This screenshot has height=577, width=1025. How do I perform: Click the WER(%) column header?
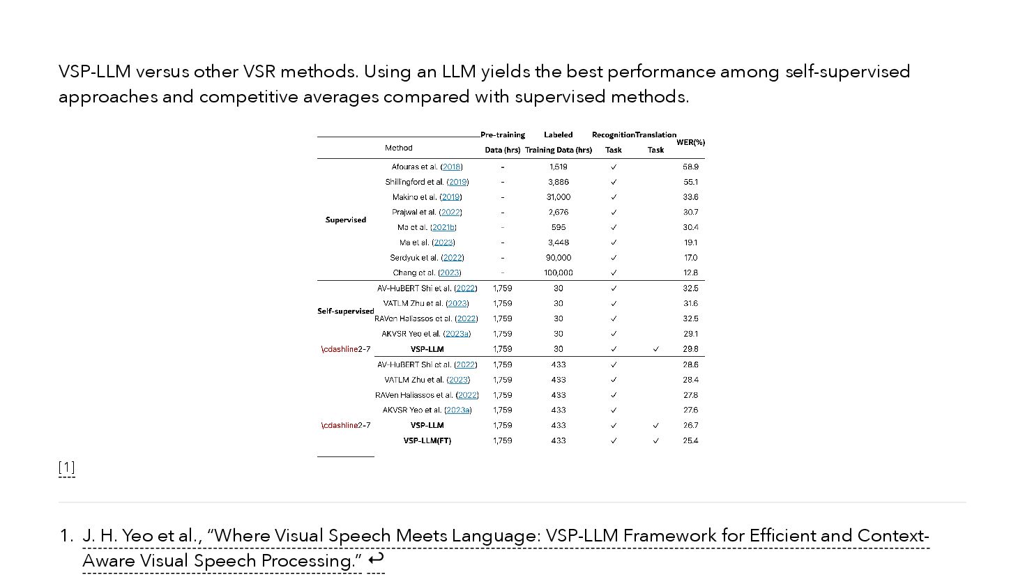click(690, 142)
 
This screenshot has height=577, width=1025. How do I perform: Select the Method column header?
click(399, 148)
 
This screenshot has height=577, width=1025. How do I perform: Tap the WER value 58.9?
click(690, 167)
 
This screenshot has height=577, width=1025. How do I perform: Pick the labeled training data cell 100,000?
click(558, 273)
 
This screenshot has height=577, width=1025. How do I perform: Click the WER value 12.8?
click(690, 273)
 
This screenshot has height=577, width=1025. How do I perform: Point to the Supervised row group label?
click(346, 220)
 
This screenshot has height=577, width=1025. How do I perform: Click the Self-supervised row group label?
click(346, 311)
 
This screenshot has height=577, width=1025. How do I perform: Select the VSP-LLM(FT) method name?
click(427, 440)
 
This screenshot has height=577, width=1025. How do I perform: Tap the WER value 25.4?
click(690, 440)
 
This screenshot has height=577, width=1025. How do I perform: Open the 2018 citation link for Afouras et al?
click(452, 167)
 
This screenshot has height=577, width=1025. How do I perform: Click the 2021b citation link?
click(444, 227)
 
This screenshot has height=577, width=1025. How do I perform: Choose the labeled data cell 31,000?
click(558, 197)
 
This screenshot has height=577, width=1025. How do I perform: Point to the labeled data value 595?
click(558, 227)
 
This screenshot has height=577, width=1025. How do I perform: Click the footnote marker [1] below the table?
click(67, 467)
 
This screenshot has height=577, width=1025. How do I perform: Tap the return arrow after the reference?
click(376, 559)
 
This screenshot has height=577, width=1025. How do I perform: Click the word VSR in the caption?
click(259, 72)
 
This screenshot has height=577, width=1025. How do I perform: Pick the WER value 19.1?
click(690, 243)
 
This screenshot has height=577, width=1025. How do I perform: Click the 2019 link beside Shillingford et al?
click(458, 182)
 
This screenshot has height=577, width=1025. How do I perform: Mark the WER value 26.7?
click(690, 425)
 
